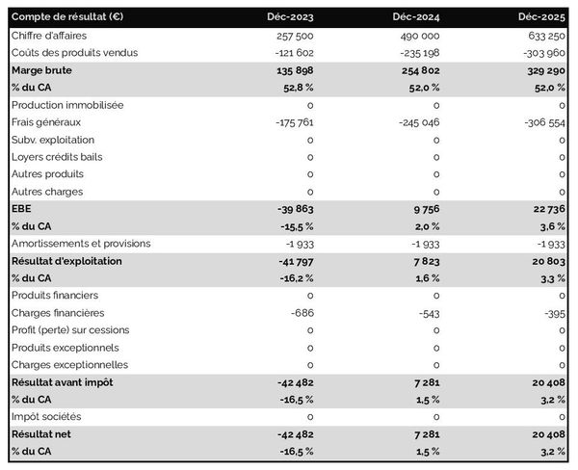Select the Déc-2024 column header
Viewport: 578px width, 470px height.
(x=418, y=17)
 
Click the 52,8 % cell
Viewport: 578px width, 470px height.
(x=295, y=87)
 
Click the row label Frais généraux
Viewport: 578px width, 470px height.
(x=45, y=122)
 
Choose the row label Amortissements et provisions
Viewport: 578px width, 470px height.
(x=82, y=244)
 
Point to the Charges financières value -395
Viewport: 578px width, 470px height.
(x=552, y=313)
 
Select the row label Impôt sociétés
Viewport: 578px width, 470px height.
(x=46, y=417)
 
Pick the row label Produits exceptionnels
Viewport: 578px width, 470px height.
(x=66, y=348)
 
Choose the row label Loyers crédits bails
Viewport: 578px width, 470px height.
(x=57, y=157)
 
